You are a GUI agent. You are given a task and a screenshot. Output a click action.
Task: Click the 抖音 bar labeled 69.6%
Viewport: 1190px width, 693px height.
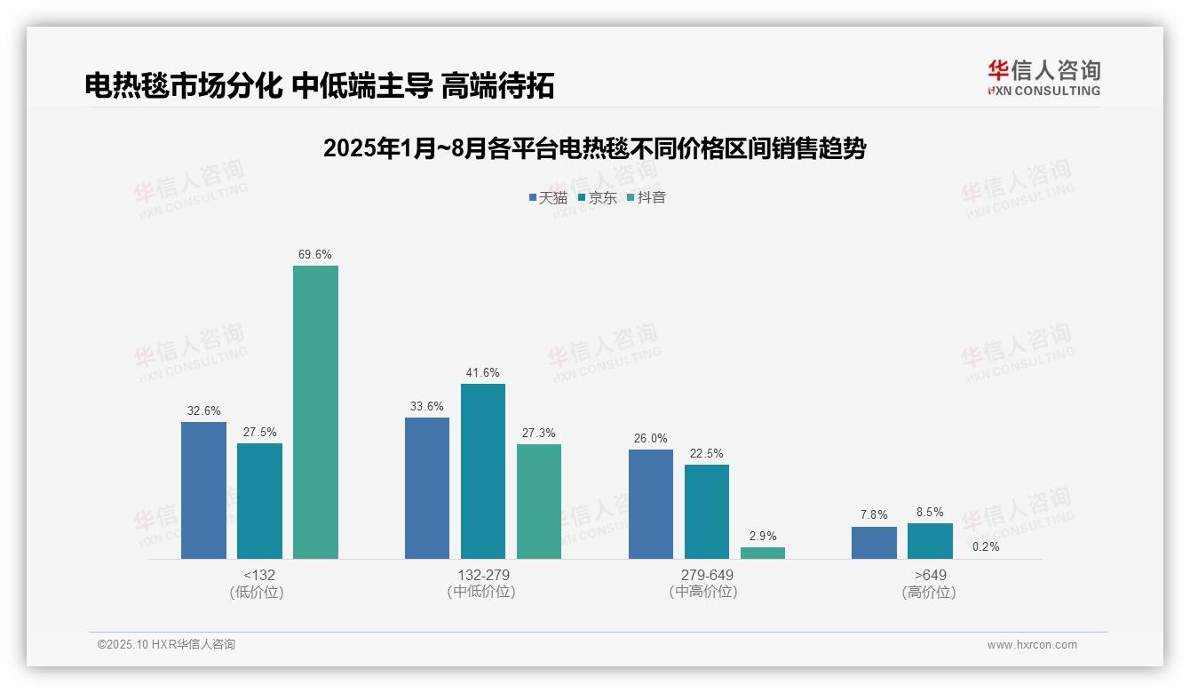[315, 412]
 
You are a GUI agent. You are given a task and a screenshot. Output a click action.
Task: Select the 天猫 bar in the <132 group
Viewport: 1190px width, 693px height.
[203, 490]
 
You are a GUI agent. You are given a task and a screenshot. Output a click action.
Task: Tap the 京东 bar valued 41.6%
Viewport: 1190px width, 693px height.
[483, 471]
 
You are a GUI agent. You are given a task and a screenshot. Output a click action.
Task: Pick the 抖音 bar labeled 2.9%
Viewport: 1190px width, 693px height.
[763, 553]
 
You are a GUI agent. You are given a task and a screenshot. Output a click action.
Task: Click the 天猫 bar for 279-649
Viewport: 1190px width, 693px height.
[651, 504]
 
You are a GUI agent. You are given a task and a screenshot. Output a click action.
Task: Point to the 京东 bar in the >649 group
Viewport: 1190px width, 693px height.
[930, 541]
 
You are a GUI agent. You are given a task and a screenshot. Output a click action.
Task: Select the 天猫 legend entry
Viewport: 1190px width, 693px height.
[548, 197]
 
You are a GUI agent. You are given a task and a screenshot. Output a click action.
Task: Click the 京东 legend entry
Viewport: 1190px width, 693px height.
[597, 197]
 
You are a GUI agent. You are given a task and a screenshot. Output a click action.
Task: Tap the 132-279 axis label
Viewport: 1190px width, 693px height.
[483, 575]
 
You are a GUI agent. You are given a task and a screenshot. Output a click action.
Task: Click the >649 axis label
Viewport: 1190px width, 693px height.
[930, 575]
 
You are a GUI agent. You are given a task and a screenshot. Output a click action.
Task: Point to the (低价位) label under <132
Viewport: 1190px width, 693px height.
[257, 592]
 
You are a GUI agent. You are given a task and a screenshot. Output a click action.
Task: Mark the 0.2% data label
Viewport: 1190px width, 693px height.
[986, 546]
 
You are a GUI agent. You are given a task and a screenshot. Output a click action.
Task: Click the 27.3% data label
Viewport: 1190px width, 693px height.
[539, 433]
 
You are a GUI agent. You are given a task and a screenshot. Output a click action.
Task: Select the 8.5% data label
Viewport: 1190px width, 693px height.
[930, 512]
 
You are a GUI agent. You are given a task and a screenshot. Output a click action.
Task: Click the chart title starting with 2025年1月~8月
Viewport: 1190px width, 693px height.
[594, 148]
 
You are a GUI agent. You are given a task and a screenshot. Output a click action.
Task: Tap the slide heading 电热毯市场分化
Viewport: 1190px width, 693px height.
[320, 85]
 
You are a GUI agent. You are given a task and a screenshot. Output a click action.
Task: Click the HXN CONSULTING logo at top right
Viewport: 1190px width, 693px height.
[1044, 78]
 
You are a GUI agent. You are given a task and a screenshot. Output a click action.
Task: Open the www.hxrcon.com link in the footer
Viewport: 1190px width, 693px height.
[1032, 645]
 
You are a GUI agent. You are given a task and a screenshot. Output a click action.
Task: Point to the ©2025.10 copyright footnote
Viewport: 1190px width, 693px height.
[166, 644]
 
